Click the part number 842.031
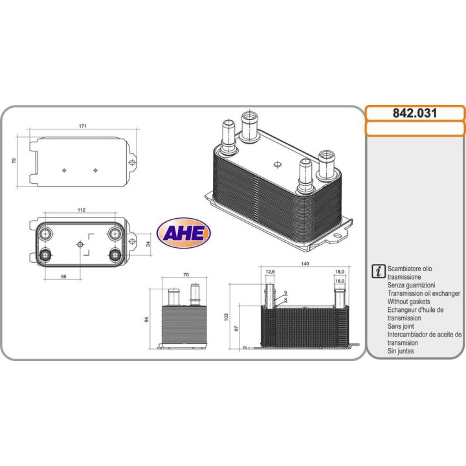point(414,113)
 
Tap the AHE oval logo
point(183,233)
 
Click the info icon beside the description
point(377,271)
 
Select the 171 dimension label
point(83,126)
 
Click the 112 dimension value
point(82,210)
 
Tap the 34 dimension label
point(148,244)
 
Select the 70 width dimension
point(186,275)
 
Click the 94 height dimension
point(148,319)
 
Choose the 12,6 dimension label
point(271,272)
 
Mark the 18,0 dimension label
point(340,272)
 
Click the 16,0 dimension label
point(340,282)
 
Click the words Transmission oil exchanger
point(423,293)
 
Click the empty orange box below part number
point(415,128)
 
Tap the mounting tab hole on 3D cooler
point(337,238)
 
